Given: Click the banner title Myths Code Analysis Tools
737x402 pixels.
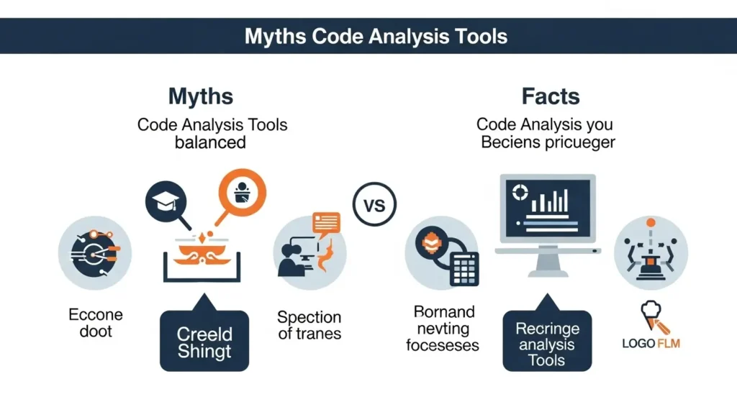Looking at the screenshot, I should click(376, 36).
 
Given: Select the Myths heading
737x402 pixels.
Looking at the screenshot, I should click(201, 96).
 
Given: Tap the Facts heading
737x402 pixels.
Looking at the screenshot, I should click(551, 96).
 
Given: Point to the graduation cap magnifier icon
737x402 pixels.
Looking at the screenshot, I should click(166, 202).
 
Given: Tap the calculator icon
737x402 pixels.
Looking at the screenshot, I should click(464, 268).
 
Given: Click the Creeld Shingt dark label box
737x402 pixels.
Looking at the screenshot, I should click(204, 342).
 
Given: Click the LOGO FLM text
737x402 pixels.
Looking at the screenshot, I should click(651, 343).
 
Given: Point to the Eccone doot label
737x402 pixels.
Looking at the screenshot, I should click(96, 323).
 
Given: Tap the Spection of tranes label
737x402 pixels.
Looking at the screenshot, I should click(309, 325).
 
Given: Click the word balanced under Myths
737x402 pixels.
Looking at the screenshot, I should click(210, 142).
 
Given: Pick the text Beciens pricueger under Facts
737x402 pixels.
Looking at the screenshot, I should click(548, 142).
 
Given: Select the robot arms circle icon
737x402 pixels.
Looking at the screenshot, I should click(651, 252).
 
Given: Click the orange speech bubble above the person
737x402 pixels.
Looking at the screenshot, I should click(326, 222).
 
